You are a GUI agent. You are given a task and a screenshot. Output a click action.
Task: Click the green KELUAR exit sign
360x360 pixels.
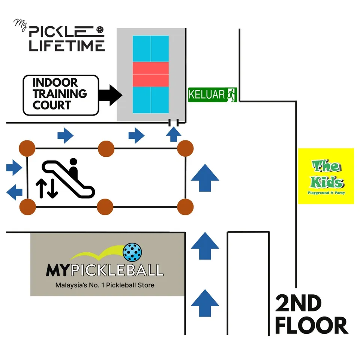coord(212,94)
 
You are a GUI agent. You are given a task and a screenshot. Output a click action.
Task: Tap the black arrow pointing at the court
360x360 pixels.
coord(110,94)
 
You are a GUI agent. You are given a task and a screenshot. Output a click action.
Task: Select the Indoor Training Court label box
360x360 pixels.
coord(60,95)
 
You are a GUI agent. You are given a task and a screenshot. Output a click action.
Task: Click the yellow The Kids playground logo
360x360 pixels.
coord(326,176)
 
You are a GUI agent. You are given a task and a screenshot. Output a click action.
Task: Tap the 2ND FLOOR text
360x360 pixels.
coord(311,315)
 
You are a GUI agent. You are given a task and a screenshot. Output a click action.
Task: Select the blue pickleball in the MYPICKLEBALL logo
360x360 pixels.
coord(132,252)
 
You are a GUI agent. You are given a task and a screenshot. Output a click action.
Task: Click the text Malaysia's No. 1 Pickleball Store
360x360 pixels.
coord(105,285)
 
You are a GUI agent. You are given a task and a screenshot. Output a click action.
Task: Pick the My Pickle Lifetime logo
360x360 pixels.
coord(60,38)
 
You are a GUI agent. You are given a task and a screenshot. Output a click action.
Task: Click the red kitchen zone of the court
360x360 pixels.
coord(151,74)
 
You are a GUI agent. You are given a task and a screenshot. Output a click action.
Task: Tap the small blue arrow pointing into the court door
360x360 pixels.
coord(173,134)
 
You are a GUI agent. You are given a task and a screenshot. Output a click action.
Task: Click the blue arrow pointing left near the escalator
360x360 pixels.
coord(15,192)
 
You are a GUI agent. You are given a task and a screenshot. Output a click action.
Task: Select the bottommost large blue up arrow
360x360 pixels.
coord(205,303)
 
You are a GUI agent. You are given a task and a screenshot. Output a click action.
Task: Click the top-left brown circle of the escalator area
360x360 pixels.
coord(27,149)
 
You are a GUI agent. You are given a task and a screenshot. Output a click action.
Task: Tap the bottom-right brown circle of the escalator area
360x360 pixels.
coord(185,207)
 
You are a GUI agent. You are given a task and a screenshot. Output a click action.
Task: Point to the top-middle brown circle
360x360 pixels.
coord(106,149)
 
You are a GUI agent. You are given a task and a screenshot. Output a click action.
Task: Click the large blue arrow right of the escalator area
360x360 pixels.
coord(205,178)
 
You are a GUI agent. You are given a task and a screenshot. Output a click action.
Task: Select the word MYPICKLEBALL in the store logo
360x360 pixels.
coord(105,270)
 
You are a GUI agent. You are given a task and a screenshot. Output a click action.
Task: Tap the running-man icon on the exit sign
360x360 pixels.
coord(231,94)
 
